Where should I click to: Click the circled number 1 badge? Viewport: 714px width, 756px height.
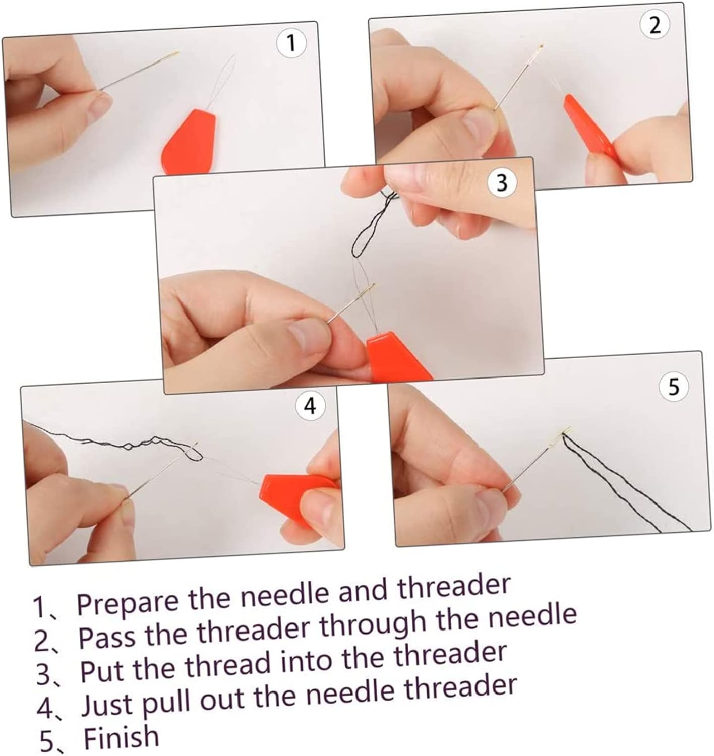tap(291, 44)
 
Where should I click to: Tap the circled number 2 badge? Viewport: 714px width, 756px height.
tap(655, 26)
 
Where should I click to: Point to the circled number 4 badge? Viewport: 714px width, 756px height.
tap(311, 406)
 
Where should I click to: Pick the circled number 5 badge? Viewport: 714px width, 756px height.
tap(674, 387)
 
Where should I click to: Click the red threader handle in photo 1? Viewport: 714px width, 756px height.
tap(190, 143)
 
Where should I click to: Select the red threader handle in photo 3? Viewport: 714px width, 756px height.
tap(396, 358)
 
